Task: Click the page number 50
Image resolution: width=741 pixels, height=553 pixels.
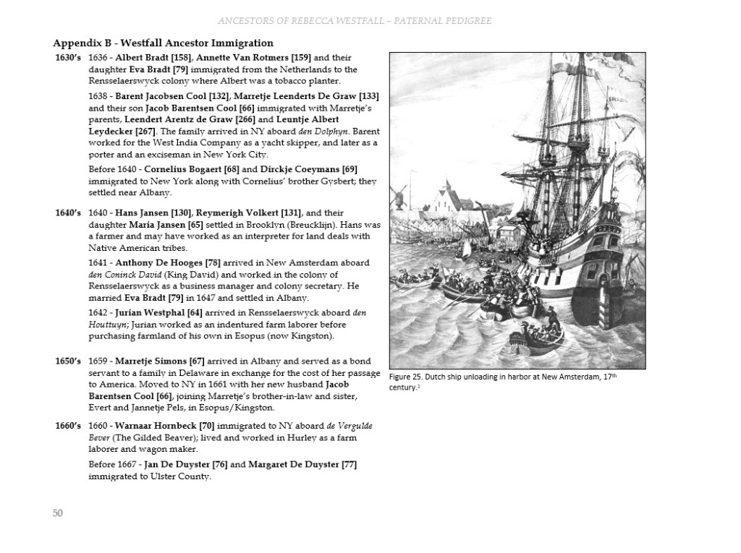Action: (x=58, y=513)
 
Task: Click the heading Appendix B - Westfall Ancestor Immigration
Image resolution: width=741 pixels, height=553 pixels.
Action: (x=163, y=43)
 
